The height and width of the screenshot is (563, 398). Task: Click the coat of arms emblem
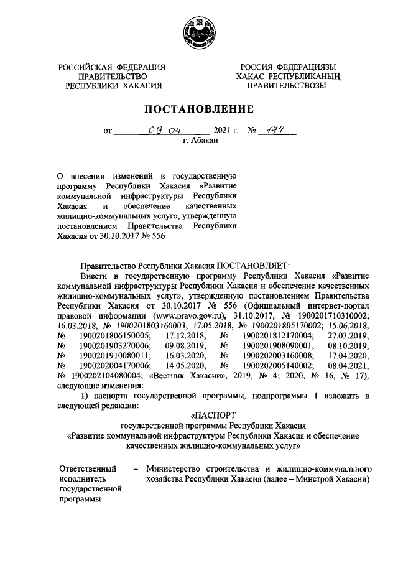(x=198, y=31)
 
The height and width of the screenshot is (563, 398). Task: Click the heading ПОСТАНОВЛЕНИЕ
(x=199, y=109)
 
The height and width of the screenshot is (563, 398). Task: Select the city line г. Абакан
(x=199, y=142)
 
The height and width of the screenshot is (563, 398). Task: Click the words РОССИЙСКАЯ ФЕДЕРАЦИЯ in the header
(x=112, y=67)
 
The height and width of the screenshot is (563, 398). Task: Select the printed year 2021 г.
(x=226, y=131)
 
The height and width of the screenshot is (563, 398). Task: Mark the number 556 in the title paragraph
(x=155, y=236)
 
